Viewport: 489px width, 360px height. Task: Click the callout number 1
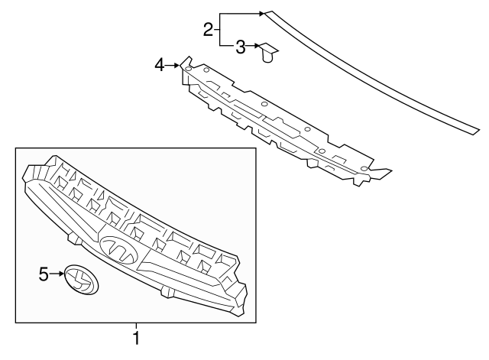(x=136, y=338)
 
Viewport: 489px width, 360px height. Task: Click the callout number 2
(x=208, y=30)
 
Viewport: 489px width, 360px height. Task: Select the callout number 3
(x=240, y=47)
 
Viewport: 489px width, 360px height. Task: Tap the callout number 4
(x=160, y=66)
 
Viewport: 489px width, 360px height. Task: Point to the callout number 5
(x=44, y=274)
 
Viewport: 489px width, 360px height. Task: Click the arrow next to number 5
(x=57, y=274)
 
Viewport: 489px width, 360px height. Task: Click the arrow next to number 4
(x=173, y=66)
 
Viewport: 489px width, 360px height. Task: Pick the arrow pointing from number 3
(x=252, y=46)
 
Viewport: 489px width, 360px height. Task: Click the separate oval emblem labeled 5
(x=82, y=280)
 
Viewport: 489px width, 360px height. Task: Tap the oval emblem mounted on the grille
(x=119, y=250)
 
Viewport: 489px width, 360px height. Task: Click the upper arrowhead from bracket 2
(x=261, y=14)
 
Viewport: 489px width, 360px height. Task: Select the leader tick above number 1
(x=136, y=326)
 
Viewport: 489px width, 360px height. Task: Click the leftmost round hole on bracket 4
(x=188, y=69)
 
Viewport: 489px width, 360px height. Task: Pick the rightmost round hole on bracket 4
(x=364, y=169)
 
